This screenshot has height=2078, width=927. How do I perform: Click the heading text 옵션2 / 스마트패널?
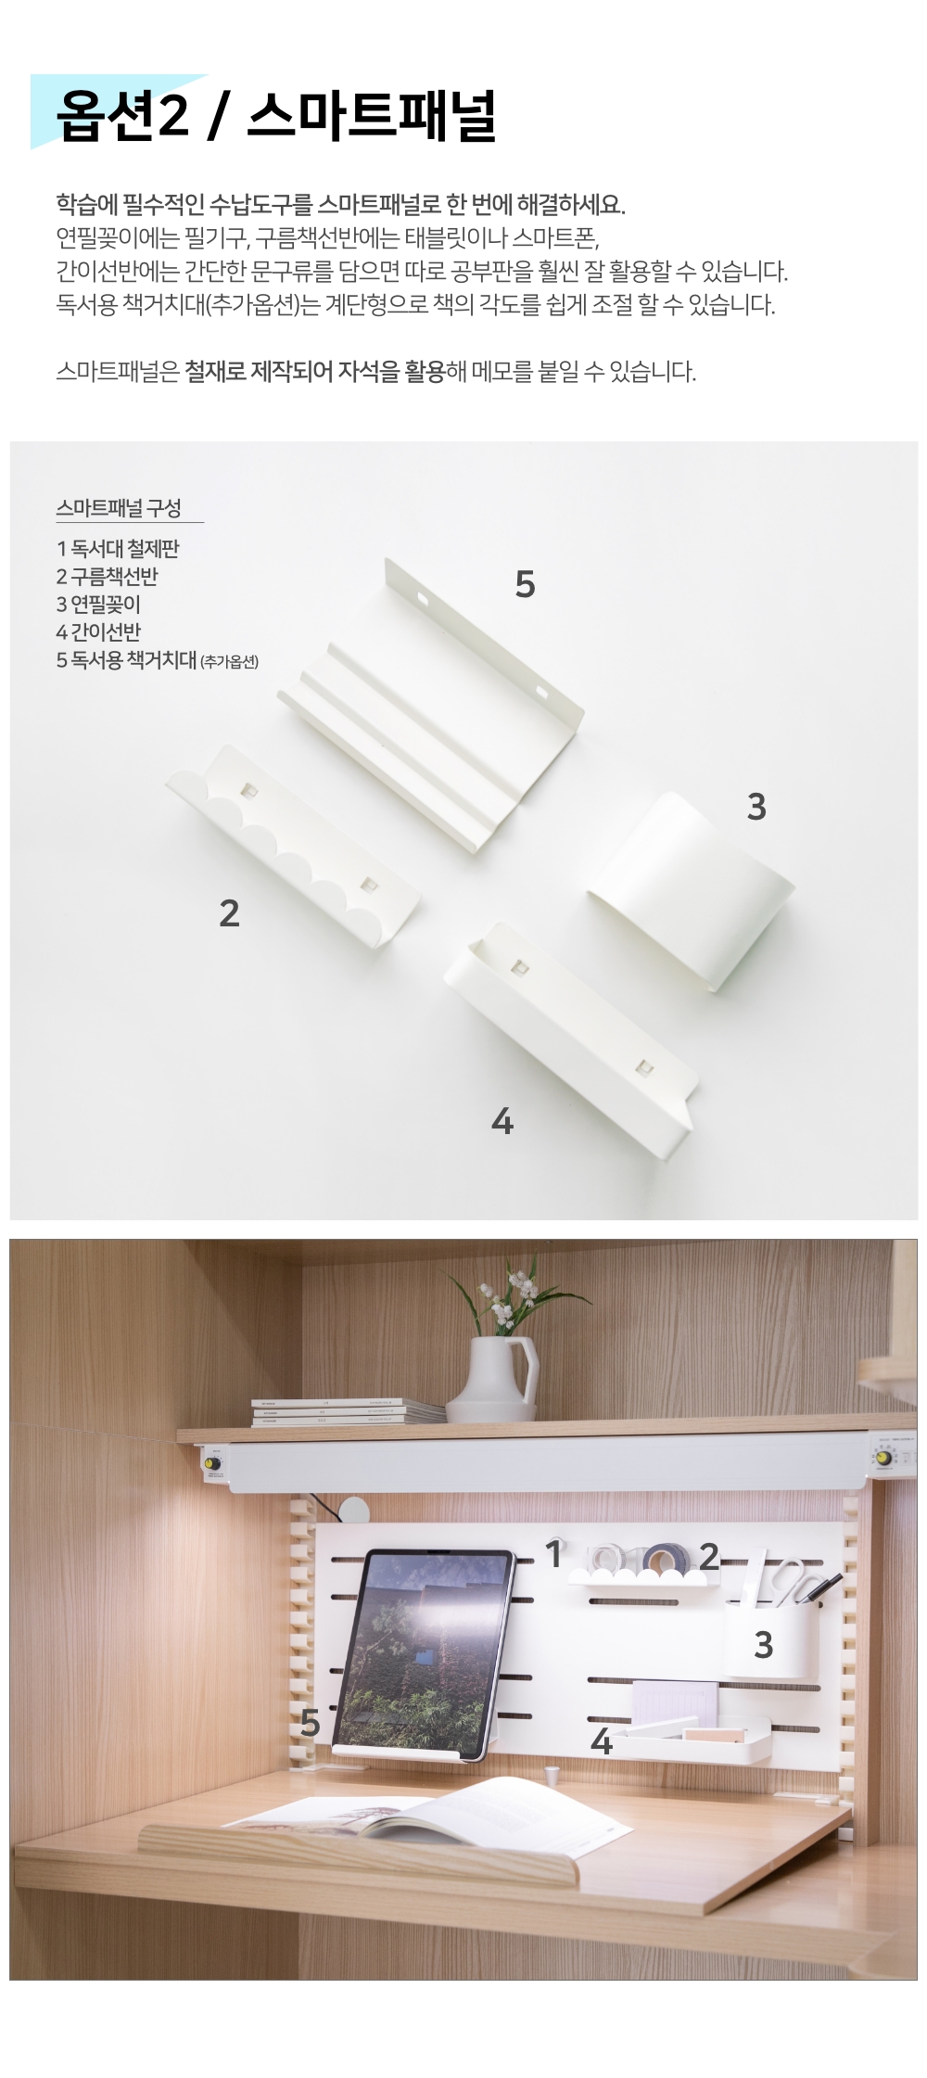click(276, 117)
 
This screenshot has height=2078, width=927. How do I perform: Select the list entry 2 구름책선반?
click(107, 577)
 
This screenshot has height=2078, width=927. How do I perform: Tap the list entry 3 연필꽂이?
click(98, 605)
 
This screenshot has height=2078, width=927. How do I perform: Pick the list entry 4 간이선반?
click(98, 632)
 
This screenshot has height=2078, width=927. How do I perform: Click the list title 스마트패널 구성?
click(119, 508)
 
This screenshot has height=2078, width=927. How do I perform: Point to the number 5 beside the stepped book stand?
click(525, 584)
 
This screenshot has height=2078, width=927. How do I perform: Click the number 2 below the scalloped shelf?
click(229, 913)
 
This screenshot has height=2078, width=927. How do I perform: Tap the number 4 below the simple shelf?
click(502, 1122)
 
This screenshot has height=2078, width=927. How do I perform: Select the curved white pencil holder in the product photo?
click(691, 890)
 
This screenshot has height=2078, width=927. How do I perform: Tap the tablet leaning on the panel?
click(423, 1652)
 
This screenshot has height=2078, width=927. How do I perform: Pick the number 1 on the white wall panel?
click(554, 1553)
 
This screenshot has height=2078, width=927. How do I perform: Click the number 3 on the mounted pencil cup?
click(763, 1645)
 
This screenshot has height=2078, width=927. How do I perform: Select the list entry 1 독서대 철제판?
click(117, 549)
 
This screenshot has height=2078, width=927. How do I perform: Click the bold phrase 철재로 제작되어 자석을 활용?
click(314, 373)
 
